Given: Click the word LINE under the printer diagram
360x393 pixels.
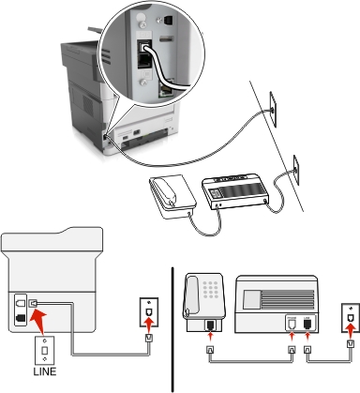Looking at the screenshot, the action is [45, 371].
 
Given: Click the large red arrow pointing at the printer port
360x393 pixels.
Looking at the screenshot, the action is [38, 320].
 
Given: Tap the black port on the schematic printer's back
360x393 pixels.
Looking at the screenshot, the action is [21, 318].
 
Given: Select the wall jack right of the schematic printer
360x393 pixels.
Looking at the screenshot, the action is [149, 312].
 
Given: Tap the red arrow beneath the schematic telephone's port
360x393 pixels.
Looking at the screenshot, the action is [211, 338].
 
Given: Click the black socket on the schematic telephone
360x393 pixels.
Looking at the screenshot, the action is [210, 325].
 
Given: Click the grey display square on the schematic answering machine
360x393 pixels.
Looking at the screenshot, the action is [252, 298].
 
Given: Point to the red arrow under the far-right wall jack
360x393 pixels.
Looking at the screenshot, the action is [351, 328].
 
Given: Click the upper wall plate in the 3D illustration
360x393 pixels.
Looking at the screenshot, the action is [273, 109].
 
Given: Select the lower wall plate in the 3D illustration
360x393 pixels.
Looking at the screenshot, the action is [296, 170].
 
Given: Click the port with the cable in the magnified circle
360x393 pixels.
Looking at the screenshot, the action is [144, 47].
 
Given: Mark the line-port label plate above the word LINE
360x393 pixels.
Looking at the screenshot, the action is [44, 350].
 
